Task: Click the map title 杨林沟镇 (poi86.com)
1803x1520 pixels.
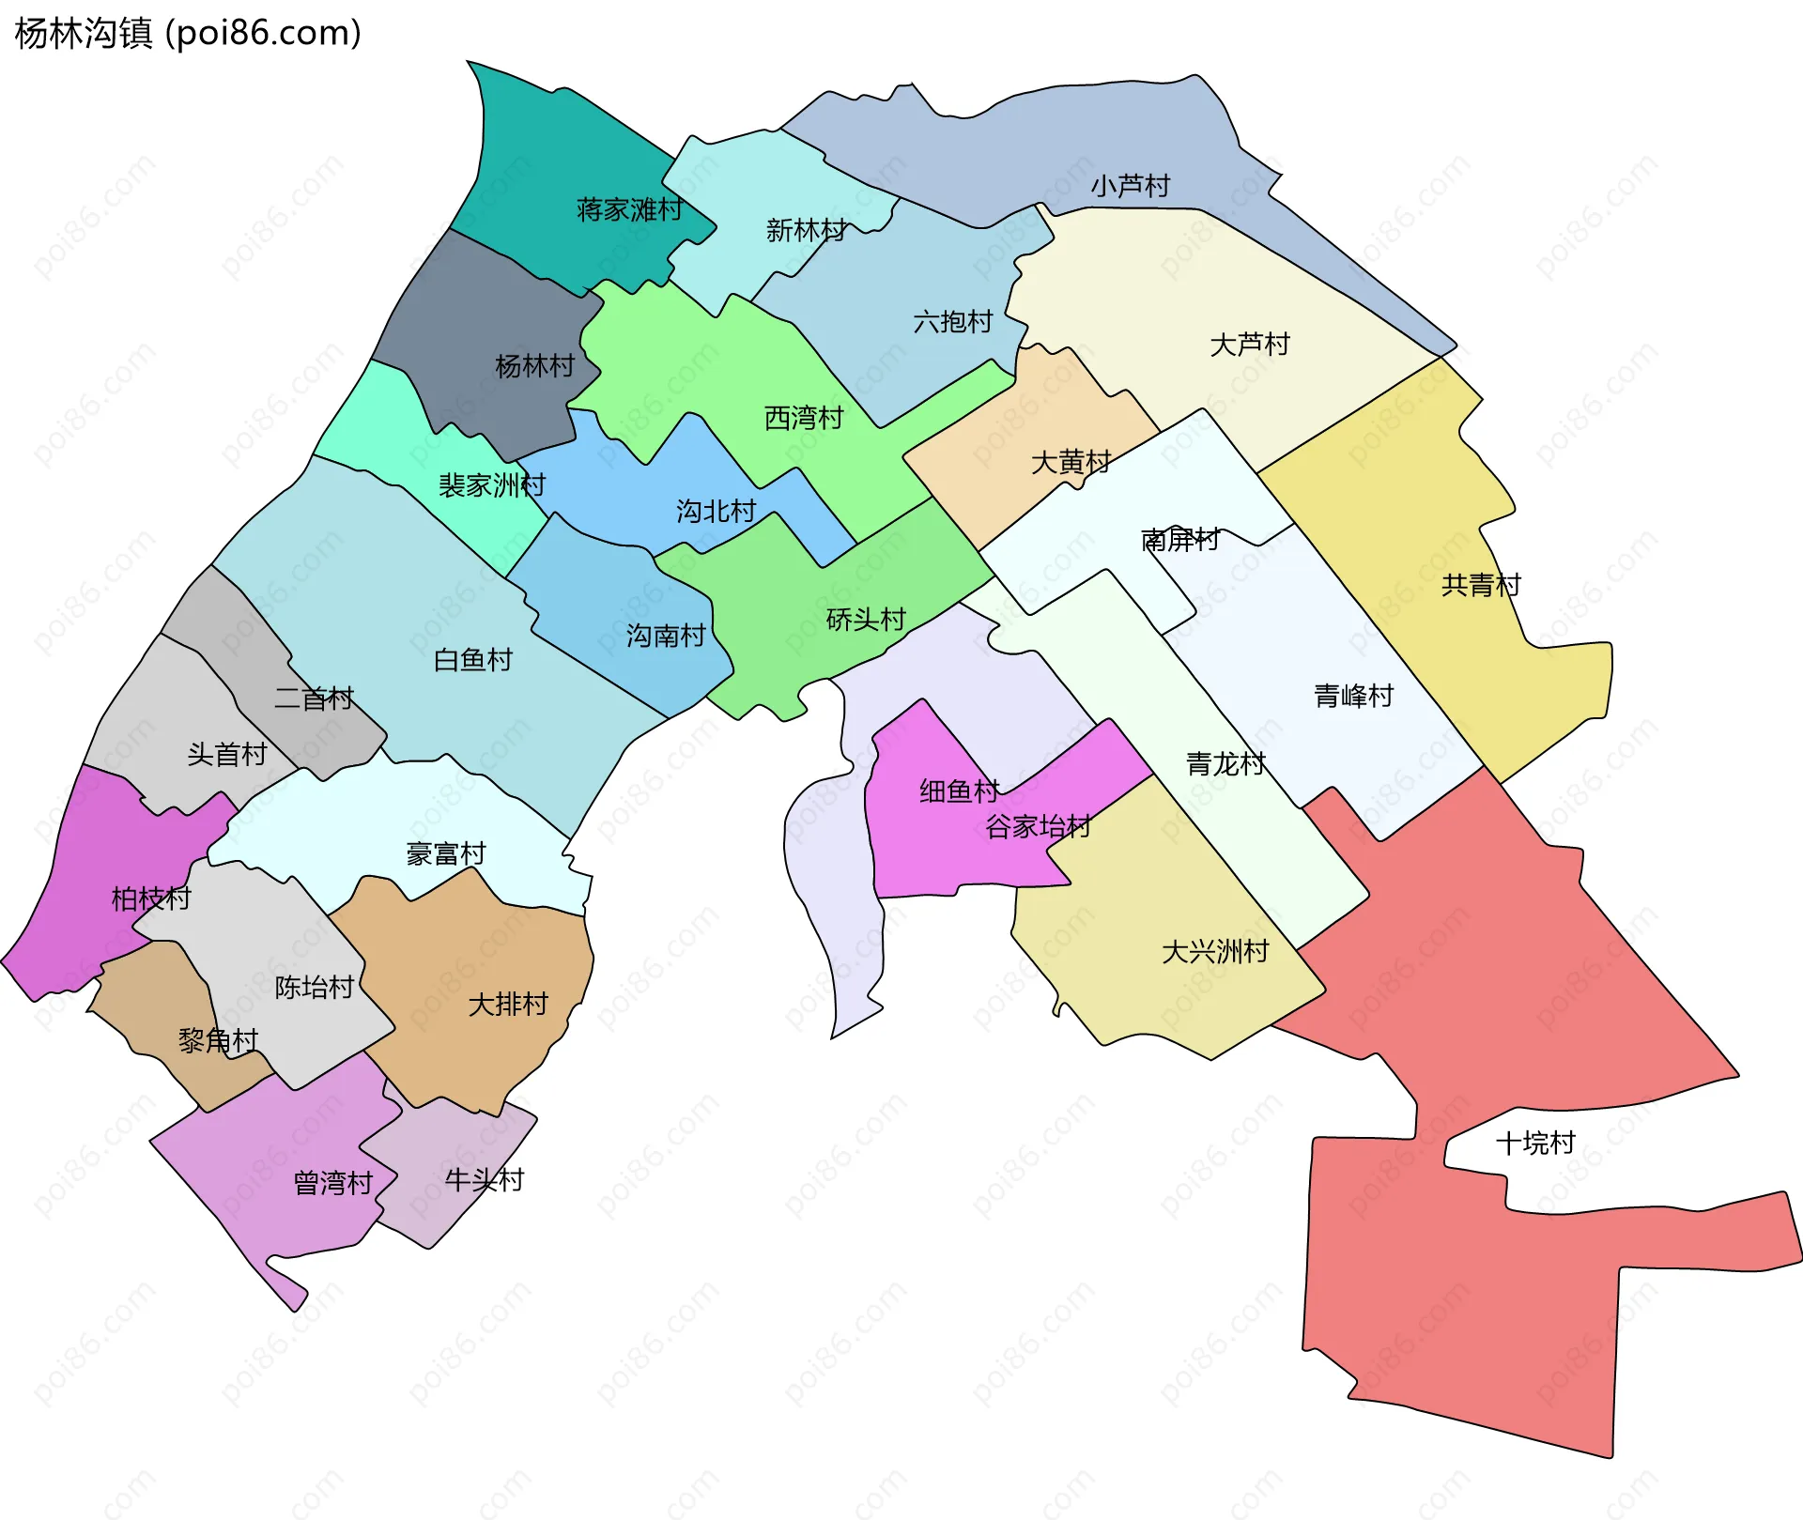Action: pos(188,34)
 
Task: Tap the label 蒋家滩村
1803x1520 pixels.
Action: pos(629,209)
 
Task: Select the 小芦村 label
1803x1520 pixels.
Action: pos(1131,186)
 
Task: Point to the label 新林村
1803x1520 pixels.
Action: pos(806,230)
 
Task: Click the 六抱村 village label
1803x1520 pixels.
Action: pos(953,322)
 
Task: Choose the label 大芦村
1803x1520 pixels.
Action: pos(1250,345)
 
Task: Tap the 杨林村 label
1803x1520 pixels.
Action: pos(534,366)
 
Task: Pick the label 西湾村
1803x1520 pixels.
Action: pos(804,418)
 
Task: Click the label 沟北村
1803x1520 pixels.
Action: pos(717,512)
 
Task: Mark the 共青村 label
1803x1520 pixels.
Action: pos(1481,586)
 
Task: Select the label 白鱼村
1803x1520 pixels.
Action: pos(473,660)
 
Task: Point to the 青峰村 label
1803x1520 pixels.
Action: pos(1353,696)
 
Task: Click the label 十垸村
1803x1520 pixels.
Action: pos(1535,1143)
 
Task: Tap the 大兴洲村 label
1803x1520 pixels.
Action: pos(1215,952)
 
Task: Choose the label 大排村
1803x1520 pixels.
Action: pos(508,1005)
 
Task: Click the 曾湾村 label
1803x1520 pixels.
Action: pos(333,1183)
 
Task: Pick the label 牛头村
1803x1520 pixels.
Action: pos(485,1180)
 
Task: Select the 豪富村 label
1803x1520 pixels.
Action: pos(446,853)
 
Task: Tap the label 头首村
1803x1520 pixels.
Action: pos(227,754)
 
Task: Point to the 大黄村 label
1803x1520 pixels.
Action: pos(1071,462)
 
